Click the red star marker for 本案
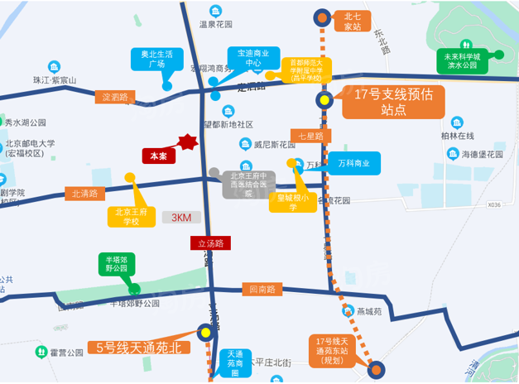click(x=189, y=142)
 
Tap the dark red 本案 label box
click(x=158, y=156)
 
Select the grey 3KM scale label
click(x=181, y=218)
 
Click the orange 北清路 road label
click(x=85, y=194)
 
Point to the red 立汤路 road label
click(x=210, y=243)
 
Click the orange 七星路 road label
click(x=310, y=136)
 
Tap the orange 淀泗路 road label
click(x=115, y=97)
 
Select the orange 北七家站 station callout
click(x=353, y=21)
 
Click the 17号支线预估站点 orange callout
click(x=394, y=102)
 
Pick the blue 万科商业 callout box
click(x=354, y=163)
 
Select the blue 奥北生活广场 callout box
click(x=156, y=58)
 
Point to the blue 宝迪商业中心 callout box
click(x=252, y=57)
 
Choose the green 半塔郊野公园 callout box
click(x=116, y=263)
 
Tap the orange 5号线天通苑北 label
click(x=138, y=348)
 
